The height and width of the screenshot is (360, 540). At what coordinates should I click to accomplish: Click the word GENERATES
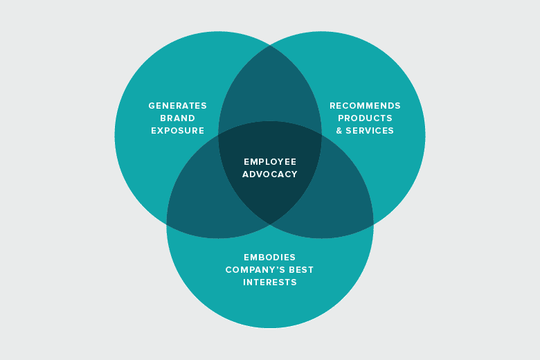[177, 106]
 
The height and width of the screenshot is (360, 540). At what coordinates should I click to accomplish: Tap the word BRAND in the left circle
[177, 118]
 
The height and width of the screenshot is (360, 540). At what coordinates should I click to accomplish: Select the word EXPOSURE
[177, 131]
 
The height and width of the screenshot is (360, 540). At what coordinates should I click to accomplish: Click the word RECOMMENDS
[365, 106]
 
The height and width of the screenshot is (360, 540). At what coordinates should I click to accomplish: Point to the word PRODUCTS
[365, 118]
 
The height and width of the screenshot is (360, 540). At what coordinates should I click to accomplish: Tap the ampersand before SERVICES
[340, 131]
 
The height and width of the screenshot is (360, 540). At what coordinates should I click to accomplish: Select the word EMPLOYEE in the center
[270, 161]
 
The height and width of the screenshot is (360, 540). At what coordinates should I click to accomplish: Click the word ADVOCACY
[270, 174]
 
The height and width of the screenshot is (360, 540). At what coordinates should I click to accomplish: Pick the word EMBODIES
[270, 258]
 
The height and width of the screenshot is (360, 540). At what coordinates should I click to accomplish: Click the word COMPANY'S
[254, 270]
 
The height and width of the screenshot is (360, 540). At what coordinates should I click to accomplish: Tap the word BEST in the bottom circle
[301, 270]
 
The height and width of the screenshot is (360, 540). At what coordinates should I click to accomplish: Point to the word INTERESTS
[270, 282]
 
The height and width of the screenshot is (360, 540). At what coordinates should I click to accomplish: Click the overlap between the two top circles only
[270, 87]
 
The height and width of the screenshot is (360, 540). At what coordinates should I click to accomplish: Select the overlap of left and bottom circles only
[201, 201]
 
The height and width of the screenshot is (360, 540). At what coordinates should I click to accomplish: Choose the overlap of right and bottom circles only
[339, 201]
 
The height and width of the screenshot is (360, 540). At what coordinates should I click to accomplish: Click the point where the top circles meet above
[270, 46]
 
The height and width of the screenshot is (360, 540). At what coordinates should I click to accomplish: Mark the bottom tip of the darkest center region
[270, 224]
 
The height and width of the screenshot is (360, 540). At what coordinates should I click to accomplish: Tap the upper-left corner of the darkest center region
[219, 134]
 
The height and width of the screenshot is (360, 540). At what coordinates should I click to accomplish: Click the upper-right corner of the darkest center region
[321, 134]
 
